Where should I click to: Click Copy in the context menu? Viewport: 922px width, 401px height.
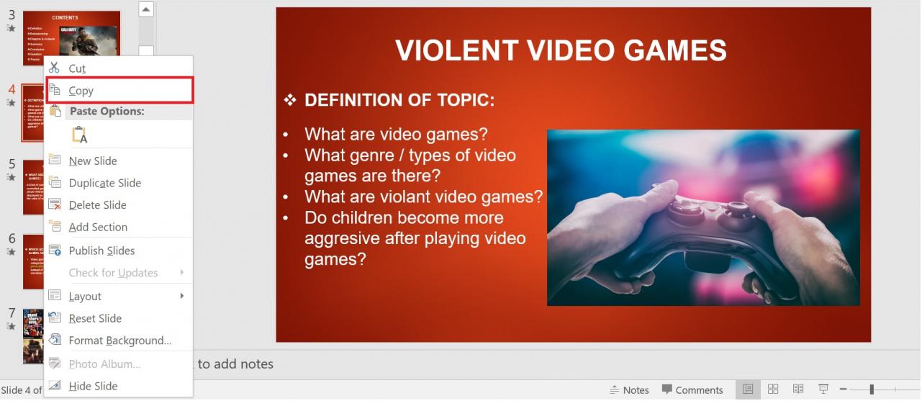tap(81, 91)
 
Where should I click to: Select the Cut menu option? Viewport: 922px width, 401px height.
tap(77, 68)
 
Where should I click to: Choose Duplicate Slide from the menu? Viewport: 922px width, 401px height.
tap(104, 183)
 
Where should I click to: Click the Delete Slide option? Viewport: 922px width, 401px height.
tap(97, 205)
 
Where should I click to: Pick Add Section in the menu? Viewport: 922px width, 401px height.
tap(98, 227)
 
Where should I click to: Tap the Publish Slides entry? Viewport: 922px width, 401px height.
tap(101, 251)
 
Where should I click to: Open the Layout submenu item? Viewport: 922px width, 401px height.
tap(85, 297)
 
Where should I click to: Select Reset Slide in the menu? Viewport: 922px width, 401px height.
tap(95, 318)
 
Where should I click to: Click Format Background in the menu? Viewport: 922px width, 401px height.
tap(119, 341)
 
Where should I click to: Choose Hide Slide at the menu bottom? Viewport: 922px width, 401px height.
tap(93, 386)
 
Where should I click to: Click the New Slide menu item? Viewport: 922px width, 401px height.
tap(92, 161)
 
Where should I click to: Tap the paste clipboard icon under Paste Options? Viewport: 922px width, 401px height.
tap(79, 135)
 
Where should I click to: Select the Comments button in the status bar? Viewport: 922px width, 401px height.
tap(692, 390)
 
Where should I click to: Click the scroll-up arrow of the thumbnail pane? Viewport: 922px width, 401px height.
tap(146, 10)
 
